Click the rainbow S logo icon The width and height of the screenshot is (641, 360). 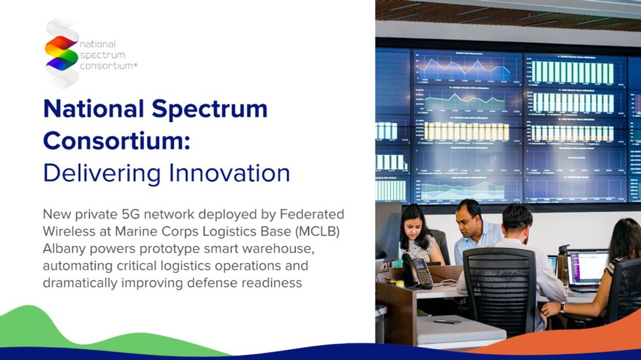[x=62, y=53]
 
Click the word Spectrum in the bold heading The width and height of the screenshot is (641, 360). [x=210, y=110]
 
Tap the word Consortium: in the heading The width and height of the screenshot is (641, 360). [x=117, y=140]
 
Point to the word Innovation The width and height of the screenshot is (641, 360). [x=229, y=172]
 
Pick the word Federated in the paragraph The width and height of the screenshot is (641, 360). [x=312, y=214]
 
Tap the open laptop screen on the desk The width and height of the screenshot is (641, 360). [x=587, y=267]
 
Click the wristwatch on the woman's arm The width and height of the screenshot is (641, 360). [x=563, y=307]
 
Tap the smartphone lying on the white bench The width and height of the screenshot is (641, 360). [x=447, y=322]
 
